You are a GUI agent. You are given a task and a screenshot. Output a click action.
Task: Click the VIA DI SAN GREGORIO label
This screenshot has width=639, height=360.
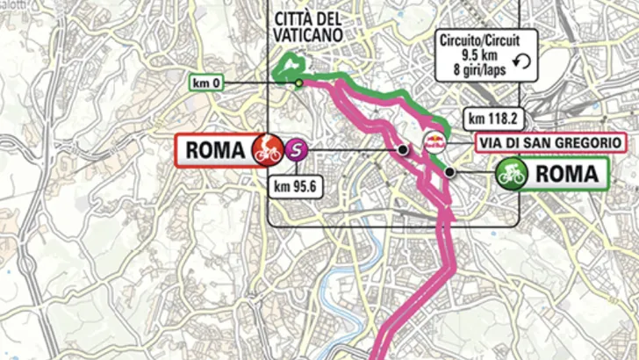549,142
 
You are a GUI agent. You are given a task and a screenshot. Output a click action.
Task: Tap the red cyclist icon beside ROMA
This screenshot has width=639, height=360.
266,150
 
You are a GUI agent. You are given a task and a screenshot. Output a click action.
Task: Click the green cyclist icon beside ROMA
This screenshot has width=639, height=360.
511,173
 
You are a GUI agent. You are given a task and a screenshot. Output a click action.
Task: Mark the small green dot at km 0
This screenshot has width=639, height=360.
299,83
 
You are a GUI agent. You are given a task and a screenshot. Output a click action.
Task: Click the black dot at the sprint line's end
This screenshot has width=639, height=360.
402,150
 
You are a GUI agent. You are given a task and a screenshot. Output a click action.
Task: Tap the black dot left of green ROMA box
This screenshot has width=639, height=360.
449,173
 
